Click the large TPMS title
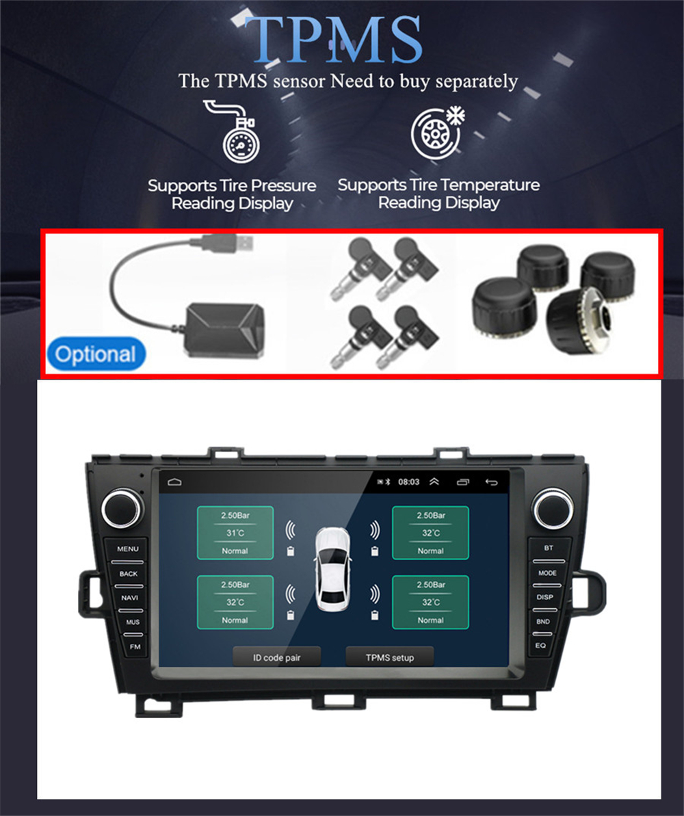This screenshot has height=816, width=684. pyautogui.click(x=334, y=39)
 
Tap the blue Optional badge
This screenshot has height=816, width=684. pyautogui.click(x=96, y=354)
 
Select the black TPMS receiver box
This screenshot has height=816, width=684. pyautogui.click(x=224, y=330)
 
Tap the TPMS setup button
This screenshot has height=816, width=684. pyautogui.click(x=389, y=657)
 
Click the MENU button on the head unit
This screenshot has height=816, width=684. pyautogui.click(x=127, y=549)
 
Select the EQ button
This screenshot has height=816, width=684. pyautogui.click(x=540, y=645)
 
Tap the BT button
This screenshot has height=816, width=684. pyautogui.click(x=548, y=548)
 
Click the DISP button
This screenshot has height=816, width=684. pyautogui.click(x=544, y=597)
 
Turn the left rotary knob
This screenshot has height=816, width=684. pyautogui.click(x=122, y=508)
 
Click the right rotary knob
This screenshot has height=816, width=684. pyautogui.click(x=552, y=508)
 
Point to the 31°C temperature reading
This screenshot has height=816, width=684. pyautogui.click(x=235, y=533)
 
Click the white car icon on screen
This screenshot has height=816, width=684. pyautogui.click(x=332, y=569)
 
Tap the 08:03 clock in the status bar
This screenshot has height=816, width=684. pyautogui.click(x=408, y=482)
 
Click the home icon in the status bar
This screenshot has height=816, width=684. pyautogui.click(x=174, y=482)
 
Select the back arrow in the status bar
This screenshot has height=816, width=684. pyautogui.click(x=491, y=482)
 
